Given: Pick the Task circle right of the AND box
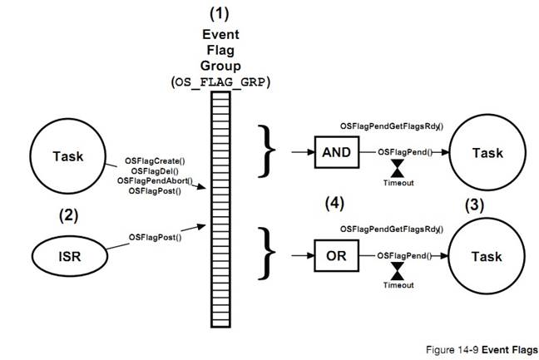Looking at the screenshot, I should point(487,153).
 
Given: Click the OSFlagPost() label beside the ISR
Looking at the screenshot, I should point(155,237).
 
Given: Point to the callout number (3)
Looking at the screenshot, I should point(478,201).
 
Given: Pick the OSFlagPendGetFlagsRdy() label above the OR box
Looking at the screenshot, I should point(391,228).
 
